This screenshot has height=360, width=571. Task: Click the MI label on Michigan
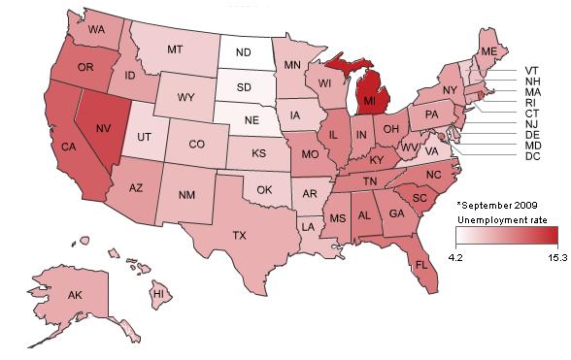point(371,101)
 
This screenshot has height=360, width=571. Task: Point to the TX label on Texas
point(238,235)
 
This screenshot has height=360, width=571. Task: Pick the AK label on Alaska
point(73,294)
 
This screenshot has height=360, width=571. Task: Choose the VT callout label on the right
point(532,71)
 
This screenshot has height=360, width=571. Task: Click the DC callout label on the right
point(532,156)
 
